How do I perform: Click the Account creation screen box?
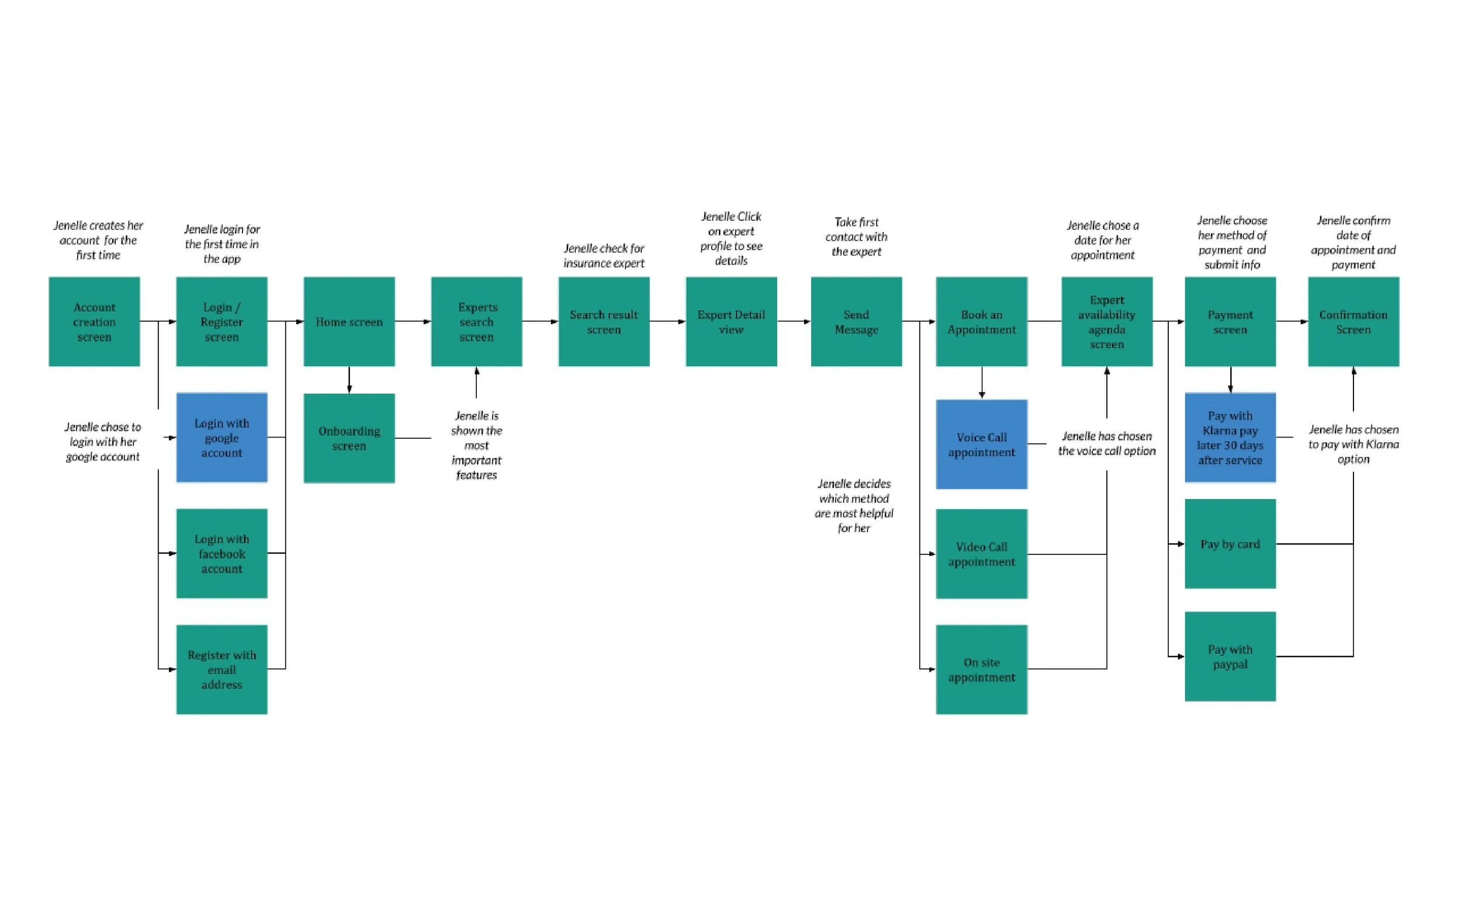(x=94, y=321)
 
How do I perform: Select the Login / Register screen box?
(x=221, y=321)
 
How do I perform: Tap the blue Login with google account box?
(x=221, y=437)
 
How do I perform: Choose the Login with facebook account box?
(x=221, y=553)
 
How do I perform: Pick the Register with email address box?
(x=221, y=669)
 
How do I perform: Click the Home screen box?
(x=349, y=321)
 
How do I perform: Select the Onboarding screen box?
(x=349, y=438)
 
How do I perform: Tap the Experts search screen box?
(x=476, y=321)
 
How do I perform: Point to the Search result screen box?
(x=604, y=321)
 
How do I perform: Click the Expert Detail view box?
(x=732, y=321)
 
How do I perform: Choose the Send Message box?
(x=856, y=321)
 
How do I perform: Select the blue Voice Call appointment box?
(x=981, y=444)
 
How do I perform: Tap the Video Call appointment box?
(x=981, y=553)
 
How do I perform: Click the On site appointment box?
(x=981, y=669)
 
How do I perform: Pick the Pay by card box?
(x=1230, y=543)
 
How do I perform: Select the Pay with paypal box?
(x=1230, y=657)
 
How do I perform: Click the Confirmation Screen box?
(x=1353, y=321)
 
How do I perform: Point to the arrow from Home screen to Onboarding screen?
(x=349, y=380)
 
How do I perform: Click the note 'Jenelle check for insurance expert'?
(x=604, y=255)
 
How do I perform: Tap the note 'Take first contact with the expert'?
(x=856, y=237)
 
